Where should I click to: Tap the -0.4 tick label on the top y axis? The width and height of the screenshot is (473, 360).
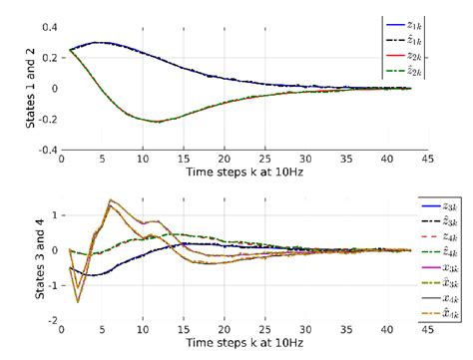[x=47, y=150]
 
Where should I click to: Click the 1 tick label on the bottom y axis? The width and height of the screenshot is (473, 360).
[x=55, y=215]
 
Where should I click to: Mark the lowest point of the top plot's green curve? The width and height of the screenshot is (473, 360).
[x=158, y=122]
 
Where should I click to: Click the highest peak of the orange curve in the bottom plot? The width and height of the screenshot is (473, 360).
[x=111, y=199]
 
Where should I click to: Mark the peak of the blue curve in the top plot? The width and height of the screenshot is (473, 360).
[x=98, y=43]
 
